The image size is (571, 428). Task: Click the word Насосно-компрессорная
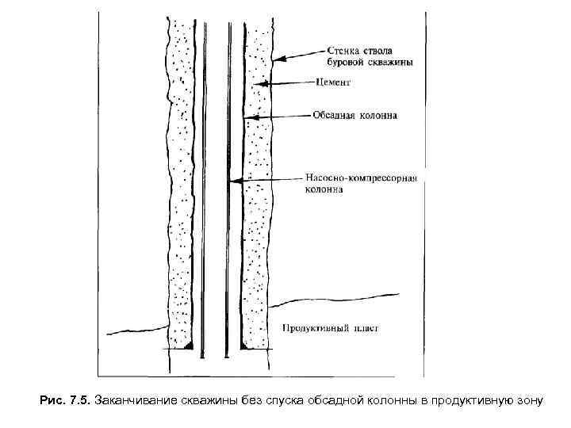(x=362, y=178)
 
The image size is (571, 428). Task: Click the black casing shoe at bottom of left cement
(x=188, y=346)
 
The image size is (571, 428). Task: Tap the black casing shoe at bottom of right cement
(x=241, y=346)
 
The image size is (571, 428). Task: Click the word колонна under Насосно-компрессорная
(x=324, y=190)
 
